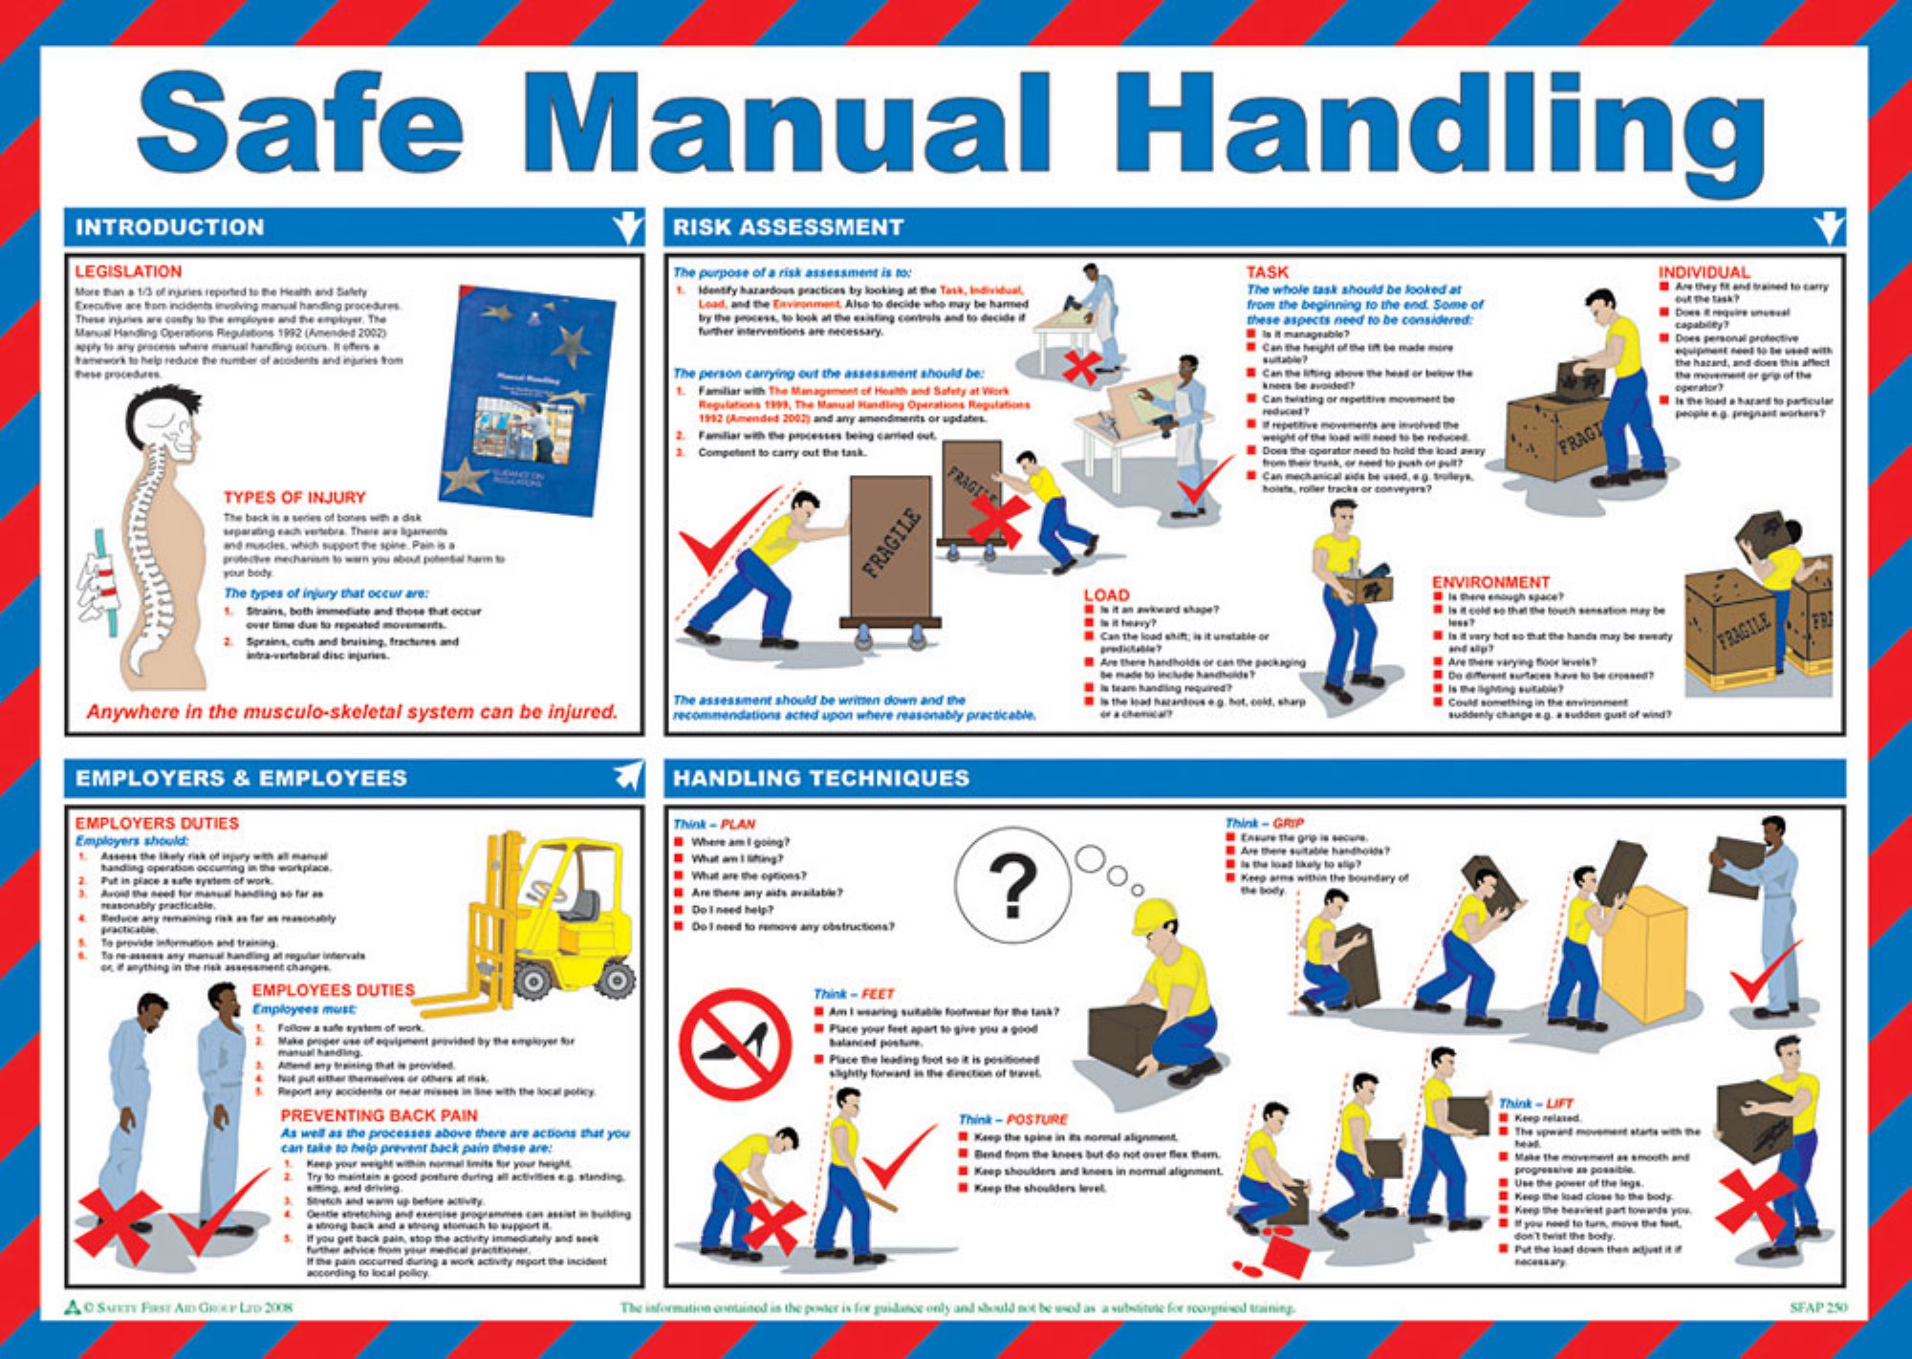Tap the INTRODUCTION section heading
tap(169, 227)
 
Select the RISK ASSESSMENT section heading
tap(788, 227)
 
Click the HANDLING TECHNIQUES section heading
tap(820, 778)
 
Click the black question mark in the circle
tap(1012, 885)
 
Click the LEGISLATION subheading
tap(128, 271)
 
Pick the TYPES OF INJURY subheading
tap(294, 497)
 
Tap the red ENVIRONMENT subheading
tap(1490, 582)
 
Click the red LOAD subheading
tap(1106, 594)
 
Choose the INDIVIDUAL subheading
tap(1704, 272)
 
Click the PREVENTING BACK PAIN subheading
tap(379, 1115)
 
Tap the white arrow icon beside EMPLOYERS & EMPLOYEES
tap(627, 777)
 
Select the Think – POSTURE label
tap(1013, 1119)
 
